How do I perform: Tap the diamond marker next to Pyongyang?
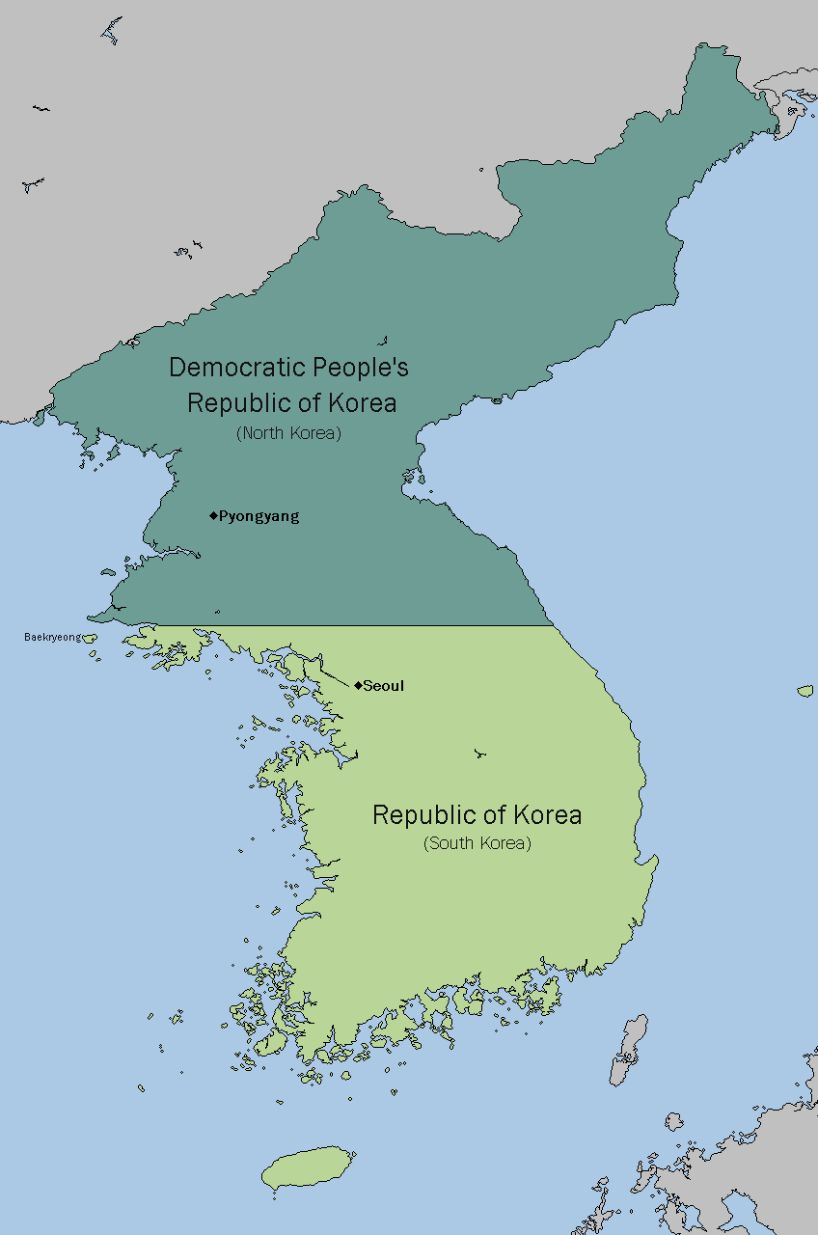[213, 515]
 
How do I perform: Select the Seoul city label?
[383, 686]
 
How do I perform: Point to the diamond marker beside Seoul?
[357, 685]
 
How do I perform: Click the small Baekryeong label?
[52, 637]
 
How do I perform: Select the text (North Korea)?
[288, 433]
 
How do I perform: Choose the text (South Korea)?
[477, 843]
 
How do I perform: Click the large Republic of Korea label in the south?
[477, 815]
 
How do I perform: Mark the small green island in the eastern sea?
[805, 691]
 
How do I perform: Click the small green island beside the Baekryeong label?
[90, 637]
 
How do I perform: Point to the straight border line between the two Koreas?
[386, 625]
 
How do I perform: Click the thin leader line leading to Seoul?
[335, 675]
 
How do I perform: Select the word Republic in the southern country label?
[419, 815]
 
